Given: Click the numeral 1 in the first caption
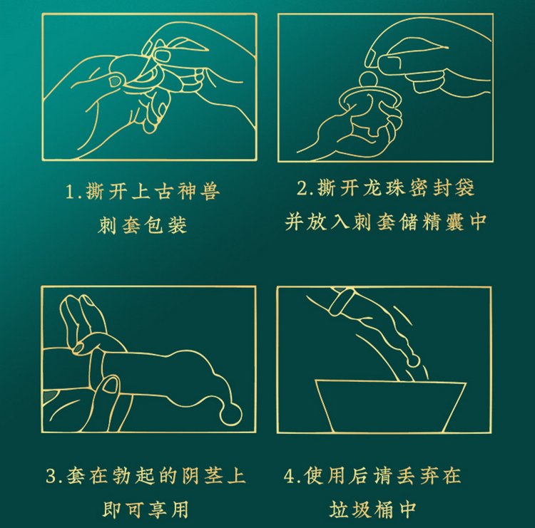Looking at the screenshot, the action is pyautogui.click(x=69, y=191).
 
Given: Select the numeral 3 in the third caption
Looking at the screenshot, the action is pyautogui.click(x=51, y=476).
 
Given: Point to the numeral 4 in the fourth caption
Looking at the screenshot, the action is pyautogui.click(x=290, y=476).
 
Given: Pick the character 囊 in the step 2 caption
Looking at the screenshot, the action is pyautogui.click(x=454, y=222).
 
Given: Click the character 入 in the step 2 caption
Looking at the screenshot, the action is pyautogui.click(x=340, y=222).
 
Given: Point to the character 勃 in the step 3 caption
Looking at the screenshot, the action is pyautogui.click(x=121, y=476).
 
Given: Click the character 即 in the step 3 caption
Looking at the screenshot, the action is pyautogui.click(x=111, y=509).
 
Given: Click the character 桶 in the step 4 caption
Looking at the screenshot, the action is pyautogui.click(x=384, y=509).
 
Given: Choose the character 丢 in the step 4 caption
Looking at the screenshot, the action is pyautogui.click(x=406, y=476).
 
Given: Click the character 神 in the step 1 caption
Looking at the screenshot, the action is pyautogui.click(x=188, y=191).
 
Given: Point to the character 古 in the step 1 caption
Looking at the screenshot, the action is pyautogui.click(x=165, y=191).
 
